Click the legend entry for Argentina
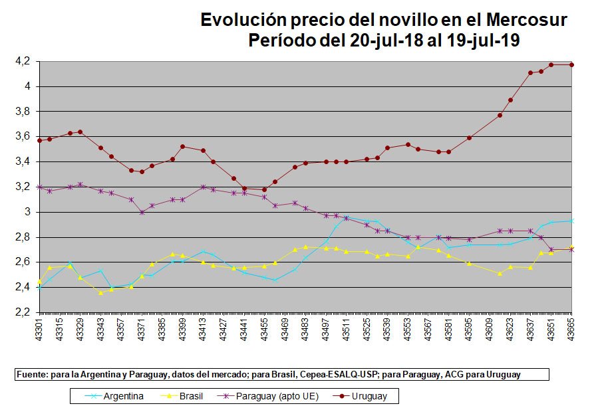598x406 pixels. tap(123, 397)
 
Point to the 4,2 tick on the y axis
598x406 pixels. tap(23, 61)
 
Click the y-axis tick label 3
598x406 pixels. tap(27, 212)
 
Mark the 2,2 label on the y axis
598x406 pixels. tap(23, 312)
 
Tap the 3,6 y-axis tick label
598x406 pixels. tap(23, 136)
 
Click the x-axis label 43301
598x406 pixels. tap(40, 329)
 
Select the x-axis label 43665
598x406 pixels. tap(571, 329)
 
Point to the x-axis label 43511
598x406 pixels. tap(347, 329)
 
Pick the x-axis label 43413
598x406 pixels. tap(204, 329)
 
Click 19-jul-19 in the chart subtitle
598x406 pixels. tap(486, 40)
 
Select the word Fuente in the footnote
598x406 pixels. tap(31, 375)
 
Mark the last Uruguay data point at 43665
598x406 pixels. tap(571, 64)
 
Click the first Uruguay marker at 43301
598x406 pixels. tap(40, 140)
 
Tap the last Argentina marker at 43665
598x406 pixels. tap(571, 221)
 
